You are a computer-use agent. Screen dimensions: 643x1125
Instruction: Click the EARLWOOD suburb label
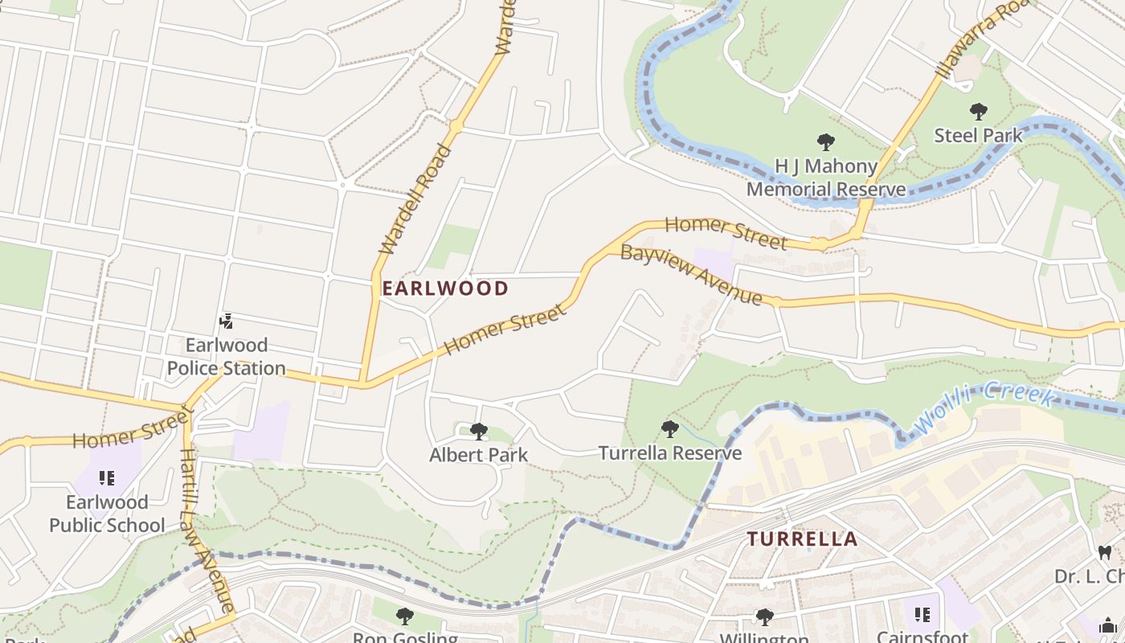[x=445, y=289]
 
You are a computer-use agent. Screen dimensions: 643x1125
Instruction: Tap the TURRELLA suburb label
[x=803, y=539]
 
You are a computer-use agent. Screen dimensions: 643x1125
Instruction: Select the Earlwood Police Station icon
[x=226, y=321]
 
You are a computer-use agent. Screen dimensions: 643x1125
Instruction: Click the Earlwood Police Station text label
[x=226, y=357]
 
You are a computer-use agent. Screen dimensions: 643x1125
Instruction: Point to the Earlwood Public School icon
[x=107, y=479]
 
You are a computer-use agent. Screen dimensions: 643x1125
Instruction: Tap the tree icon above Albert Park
[x=479, y=432]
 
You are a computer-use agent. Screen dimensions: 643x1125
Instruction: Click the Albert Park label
[x=479, y=455]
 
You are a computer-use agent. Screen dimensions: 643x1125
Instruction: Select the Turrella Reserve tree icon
[x=669, y=429]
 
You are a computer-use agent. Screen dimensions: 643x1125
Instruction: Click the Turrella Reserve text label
[x=669, y=453]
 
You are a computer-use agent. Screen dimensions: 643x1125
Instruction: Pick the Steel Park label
[x=978, y=135]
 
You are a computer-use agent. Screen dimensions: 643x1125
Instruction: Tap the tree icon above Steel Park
[x=978, y=112]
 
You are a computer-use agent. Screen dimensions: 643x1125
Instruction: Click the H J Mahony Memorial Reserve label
[x=825, y=178]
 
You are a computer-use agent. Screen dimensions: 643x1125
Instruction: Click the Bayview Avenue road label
[x=691, y=275]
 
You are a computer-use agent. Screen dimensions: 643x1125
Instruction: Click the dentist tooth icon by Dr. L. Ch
[x=1104, y=553]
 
